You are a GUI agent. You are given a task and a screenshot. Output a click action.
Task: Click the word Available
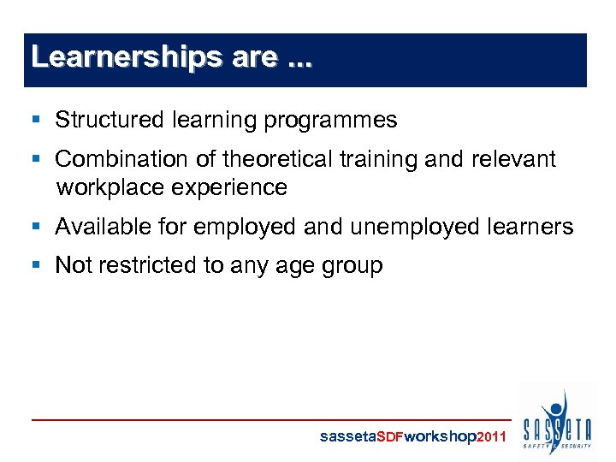(104, 227)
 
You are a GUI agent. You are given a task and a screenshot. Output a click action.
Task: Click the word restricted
(148, 265)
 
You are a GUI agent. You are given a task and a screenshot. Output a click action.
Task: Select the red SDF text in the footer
(389, 436)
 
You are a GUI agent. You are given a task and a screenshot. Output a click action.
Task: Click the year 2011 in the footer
(491, 436)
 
